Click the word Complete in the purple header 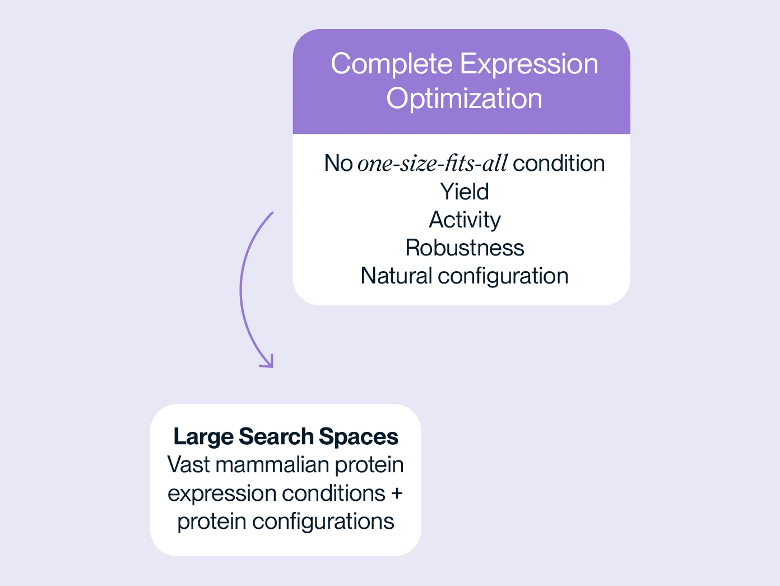[392, 64]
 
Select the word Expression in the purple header [529, 64]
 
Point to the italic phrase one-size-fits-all [432, 164]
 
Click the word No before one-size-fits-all [338, 164]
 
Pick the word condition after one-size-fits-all [559, 164]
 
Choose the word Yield [465, 192]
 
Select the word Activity [465, 220]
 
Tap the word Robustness [465, 248]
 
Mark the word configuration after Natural [503, 276]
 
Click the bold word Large [203, 437]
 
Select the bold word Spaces [359, 437]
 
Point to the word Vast [188, 464]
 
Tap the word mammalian [272, 464]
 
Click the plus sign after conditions [397, 494]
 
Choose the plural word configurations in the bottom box [323, 522]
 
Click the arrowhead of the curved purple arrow [268, 362]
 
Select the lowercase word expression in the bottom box [222, 494]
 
